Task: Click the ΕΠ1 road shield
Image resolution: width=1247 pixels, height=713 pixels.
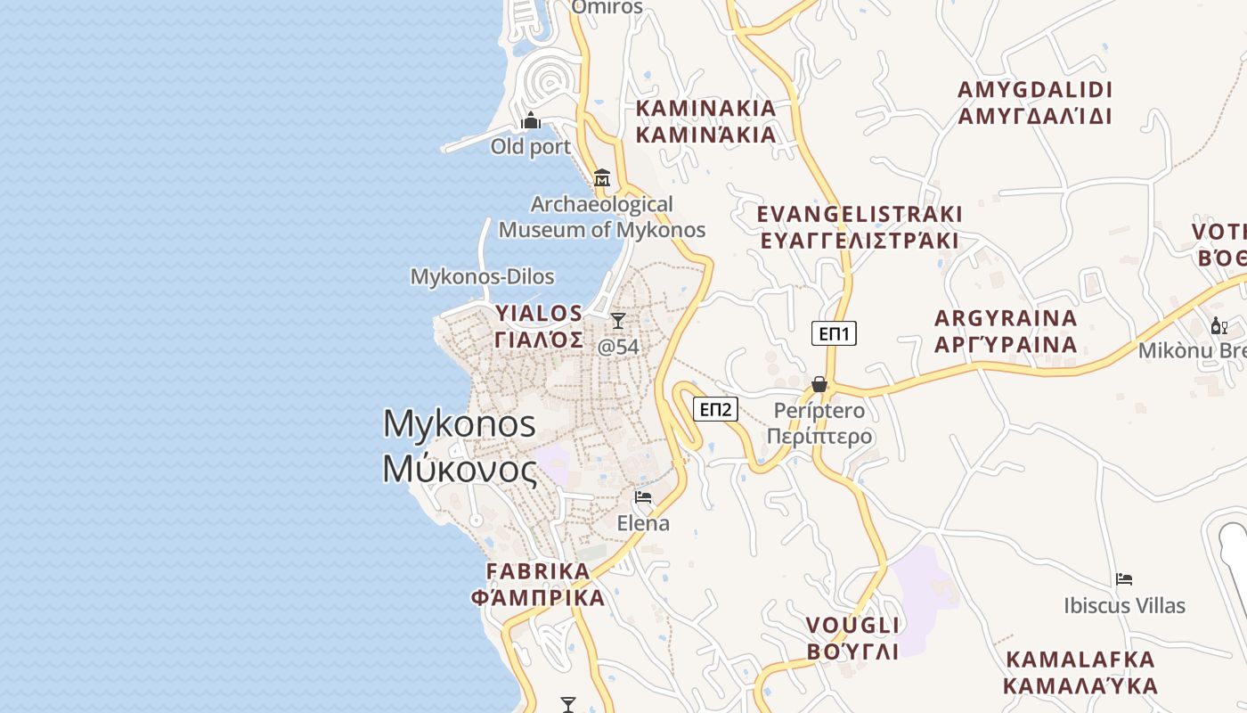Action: [x=834, y=334]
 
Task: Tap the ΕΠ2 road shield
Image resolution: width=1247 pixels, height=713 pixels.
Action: [x=715, y=409]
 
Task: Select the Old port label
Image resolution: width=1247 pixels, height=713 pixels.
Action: [x=531, y=146]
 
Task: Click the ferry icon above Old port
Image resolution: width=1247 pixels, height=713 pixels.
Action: [x=531, y=121]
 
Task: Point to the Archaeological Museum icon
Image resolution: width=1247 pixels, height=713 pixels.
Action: [x=602, y=178]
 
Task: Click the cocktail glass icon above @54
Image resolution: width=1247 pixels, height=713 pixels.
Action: [x=618, y=321]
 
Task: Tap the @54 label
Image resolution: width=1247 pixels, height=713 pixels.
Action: [x=618, y=347]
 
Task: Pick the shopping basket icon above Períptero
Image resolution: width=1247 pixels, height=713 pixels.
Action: [x=819, y=384]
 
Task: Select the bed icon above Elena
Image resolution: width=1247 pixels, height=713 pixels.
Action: [x=643, y=497]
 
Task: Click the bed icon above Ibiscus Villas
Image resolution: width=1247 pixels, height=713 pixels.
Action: [x=1124, y=579]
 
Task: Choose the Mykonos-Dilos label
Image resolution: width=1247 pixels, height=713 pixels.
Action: [x=482, y=277]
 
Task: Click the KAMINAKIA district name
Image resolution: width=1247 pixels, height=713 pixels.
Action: [x=705, y=121]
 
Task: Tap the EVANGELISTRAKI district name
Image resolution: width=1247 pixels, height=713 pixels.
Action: [x=859, y=227]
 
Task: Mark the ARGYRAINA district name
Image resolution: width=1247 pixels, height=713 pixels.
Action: [x=1006, y=331]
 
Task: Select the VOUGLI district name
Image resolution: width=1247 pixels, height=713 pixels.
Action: [x=852, y=637]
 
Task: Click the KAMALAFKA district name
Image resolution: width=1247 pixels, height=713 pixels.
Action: [x=1080, y=673]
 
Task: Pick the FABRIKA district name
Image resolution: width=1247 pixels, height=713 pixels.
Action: [x=538, y=584]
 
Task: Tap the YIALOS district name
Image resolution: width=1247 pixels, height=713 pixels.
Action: [x=539, y=326]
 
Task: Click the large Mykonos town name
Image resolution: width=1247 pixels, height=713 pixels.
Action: [x=460, y=446]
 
